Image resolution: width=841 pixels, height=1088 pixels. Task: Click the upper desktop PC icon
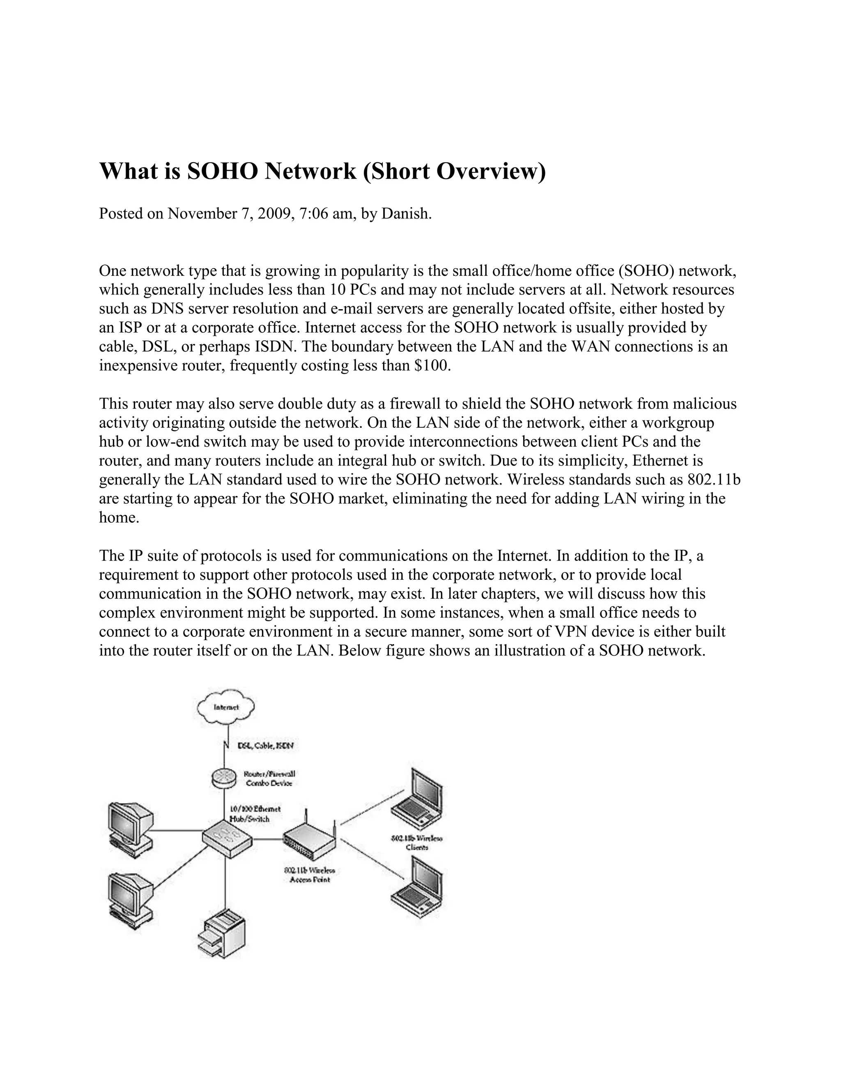coord(129,829)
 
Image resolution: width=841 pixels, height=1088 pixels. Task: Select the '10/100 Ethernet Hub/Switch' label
coord(254,813)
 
